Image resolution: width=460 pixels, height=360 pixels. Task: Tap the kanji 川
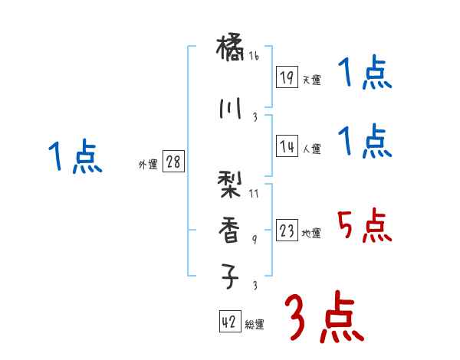[x=231, y=108]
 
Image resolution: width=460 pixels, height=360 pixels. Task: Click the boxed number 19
[x=287, y=77]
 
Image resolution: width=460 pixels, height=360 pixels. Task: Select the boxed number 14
[x=287, y=146]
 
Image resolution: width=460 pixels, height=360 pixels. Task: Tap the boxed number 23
[x=287, y=231]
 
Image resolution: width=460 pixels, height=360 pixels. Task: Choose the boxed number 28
[x=172, y=162]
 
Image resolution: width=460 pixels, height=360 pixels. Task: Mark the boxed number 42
[x=229, y=322]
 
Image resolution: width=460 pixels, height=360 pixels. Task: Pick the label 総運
[x=254, y=325]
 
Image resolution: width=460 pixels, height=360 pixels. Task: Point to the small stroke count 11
[x=254, y=194]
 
